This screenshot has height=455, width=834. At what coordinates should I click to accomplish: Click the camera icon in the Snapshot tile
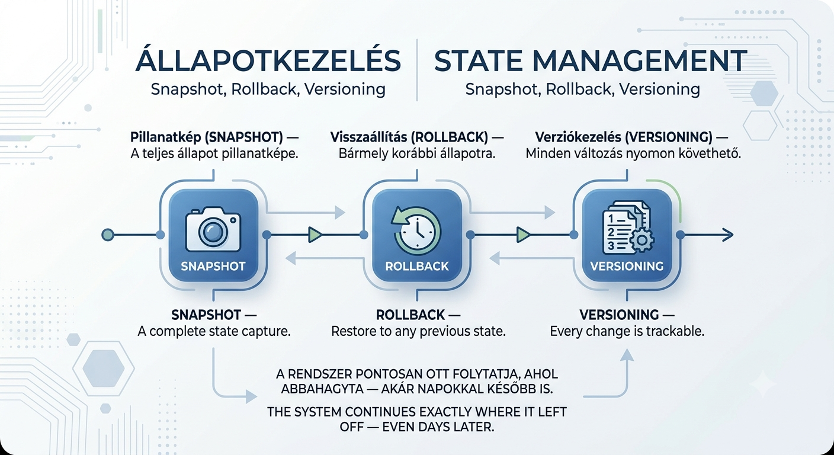point(213,229)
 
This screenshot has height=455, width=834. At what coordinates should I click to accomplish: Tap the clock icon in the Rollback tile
point(416,232)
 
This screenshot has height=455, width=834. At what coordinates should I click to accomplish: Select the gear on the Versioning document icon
point(641,240)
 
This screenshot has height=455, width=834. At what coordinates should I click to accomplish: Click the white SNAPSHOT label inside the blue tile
point(213,266)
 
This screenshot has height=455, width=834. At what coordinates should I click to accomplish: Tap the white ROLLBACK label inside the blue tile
point(416,266)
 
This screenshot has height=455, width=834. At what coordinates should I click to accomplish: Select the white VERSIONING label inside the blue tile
point(627,266)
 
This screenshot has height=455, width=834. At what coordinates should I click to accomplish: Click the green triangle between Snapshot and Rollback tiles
point(315,235)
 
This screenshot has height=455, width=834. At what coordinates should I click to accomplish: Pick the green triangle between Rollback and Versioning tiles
point(524,235)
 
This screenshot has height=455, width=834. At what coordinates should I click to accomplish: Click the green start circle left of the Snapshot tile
point(108,235)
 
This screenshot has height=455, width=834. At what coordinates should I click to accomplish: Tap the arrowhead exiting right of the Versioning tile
point(728,235)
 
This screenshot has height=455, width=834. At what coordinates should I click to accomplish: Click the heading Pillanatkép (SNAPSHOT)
point(207,137)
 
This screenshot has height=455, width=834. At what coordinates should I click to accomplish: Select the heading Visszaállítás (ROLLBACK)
point(409,137)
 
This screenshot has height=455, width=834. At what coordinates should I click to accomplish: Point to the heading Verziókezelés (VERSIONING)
point(624,137)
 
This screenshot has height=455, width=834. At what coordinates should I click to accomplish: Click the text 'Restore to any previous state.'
point(419,331)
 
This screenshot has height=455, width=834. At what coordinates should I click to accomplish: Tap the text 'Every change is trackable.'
point(627,331)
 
